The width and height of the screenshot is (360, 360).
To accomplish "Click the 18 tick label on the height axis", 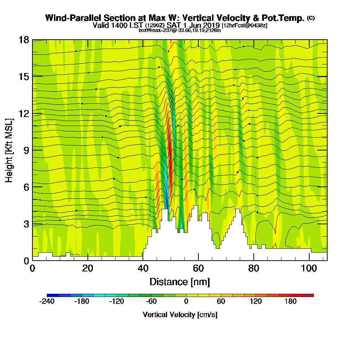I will coord(24,40).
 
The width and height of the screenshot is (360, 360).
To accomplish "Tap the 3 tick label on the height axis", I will coord(26,224).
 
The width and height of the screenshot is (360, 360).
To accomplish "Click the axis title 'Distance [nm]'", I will coord(180,282).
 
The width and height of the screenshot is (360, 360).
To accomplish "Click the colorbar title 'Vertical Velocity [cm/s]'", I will coord(180,315).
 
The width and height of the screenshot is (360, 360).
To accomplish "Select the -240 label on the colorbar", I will coord(47,302).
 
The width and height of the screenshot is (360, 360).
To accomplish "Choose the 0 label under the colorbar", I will coord(186,302).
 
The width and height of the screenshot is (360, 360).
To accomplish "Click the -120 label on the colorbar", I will coord(116,302).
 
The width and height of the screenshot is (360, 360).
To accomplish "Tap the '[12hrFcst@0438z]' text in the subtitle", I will coord(244,26).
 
